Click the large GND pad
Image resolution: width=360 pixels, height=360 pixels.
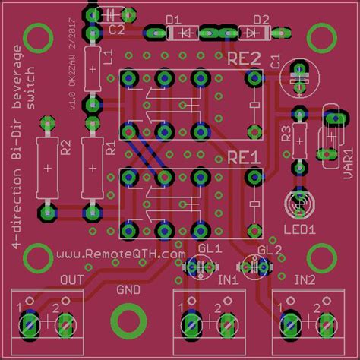pos(125,320)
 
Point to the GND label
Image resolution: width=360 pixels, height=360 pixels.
pos(127,289)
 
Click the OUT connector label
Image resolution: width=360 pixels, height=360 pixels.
pos(71,280)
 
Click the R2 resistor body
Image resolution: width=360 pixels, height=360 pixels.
pos(48,168)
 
